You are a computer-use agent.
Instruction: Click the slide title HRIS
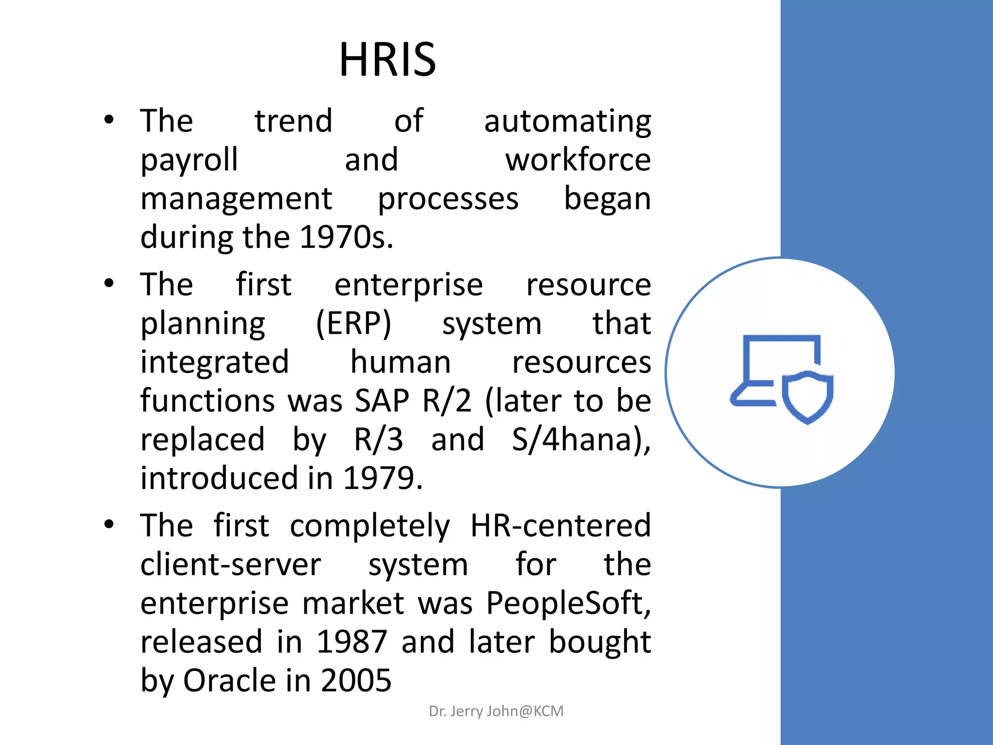coord(387,59)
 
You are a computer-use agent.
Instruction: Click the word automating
coord(567,121)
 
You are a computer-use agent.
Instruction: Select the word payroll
coord(189,161)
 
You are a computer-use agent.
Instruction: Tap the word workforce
coord(578,160)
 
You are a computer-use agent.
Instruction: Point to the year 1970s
coord(346,238)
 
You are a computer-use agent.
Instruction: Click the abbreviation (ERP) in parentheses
coord(353,324)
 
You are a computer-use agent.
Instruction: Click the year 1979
coord(383,479)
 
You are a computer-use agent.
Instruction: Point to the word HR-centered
coord(561,526)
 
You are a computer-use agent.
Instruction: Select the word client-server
coord(231,565)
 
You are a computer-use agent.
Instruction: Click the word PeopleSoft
coord(568,604)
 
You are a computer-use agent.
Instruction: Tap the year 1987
coord(352,642)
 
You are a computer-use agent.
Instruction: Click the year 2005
coord(356,681)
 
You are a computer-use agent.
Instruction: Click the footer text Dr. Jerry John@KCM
coord(496,711)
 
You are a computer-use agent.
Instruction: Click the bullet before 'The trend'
coord(109,120)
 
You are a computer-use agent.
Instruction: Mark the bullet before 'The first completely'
coord(109,524)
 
